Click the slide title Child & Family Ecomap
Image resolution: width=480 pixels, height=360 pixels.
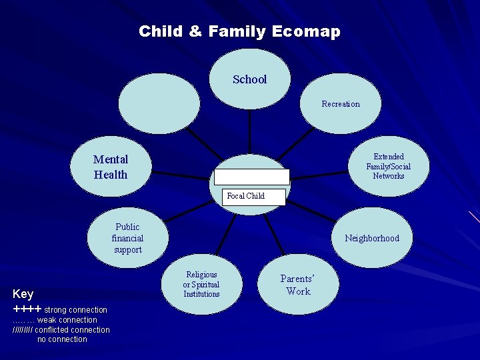click(239, 31)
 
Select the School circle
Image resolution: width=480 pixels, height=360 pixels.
click(250, 79)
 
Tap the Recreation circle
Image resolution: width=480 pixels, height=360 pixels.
click(340, 104)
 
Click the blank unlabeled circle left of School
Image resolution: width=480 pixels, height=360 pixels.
click(159, 103)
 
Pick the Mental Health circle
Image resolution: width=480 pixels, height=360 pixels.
click(111, 167)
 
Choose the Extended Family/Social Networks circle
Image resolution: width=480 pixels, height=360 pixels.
click(388, 167)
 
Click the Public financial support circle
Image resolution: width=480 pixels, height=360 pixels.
click(127, 239)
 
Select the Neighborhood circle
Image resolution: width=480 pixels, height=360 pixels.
click(371, 239)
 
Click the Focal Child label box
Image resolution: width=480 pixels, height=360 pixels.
click(246, 196)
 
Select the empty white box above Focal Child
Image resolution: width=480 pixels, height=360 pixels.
click(251, 177)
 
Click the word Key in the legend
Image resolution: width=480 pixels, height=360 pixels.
click(23, 294)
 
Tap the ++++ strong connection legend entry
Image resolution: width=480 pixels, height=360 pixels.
click(60, 309)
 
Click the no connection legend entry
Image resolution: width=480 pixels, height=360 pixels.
click(62, 339)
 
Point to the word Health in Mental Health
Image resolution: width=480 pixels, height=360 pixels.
click(111, 175)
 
